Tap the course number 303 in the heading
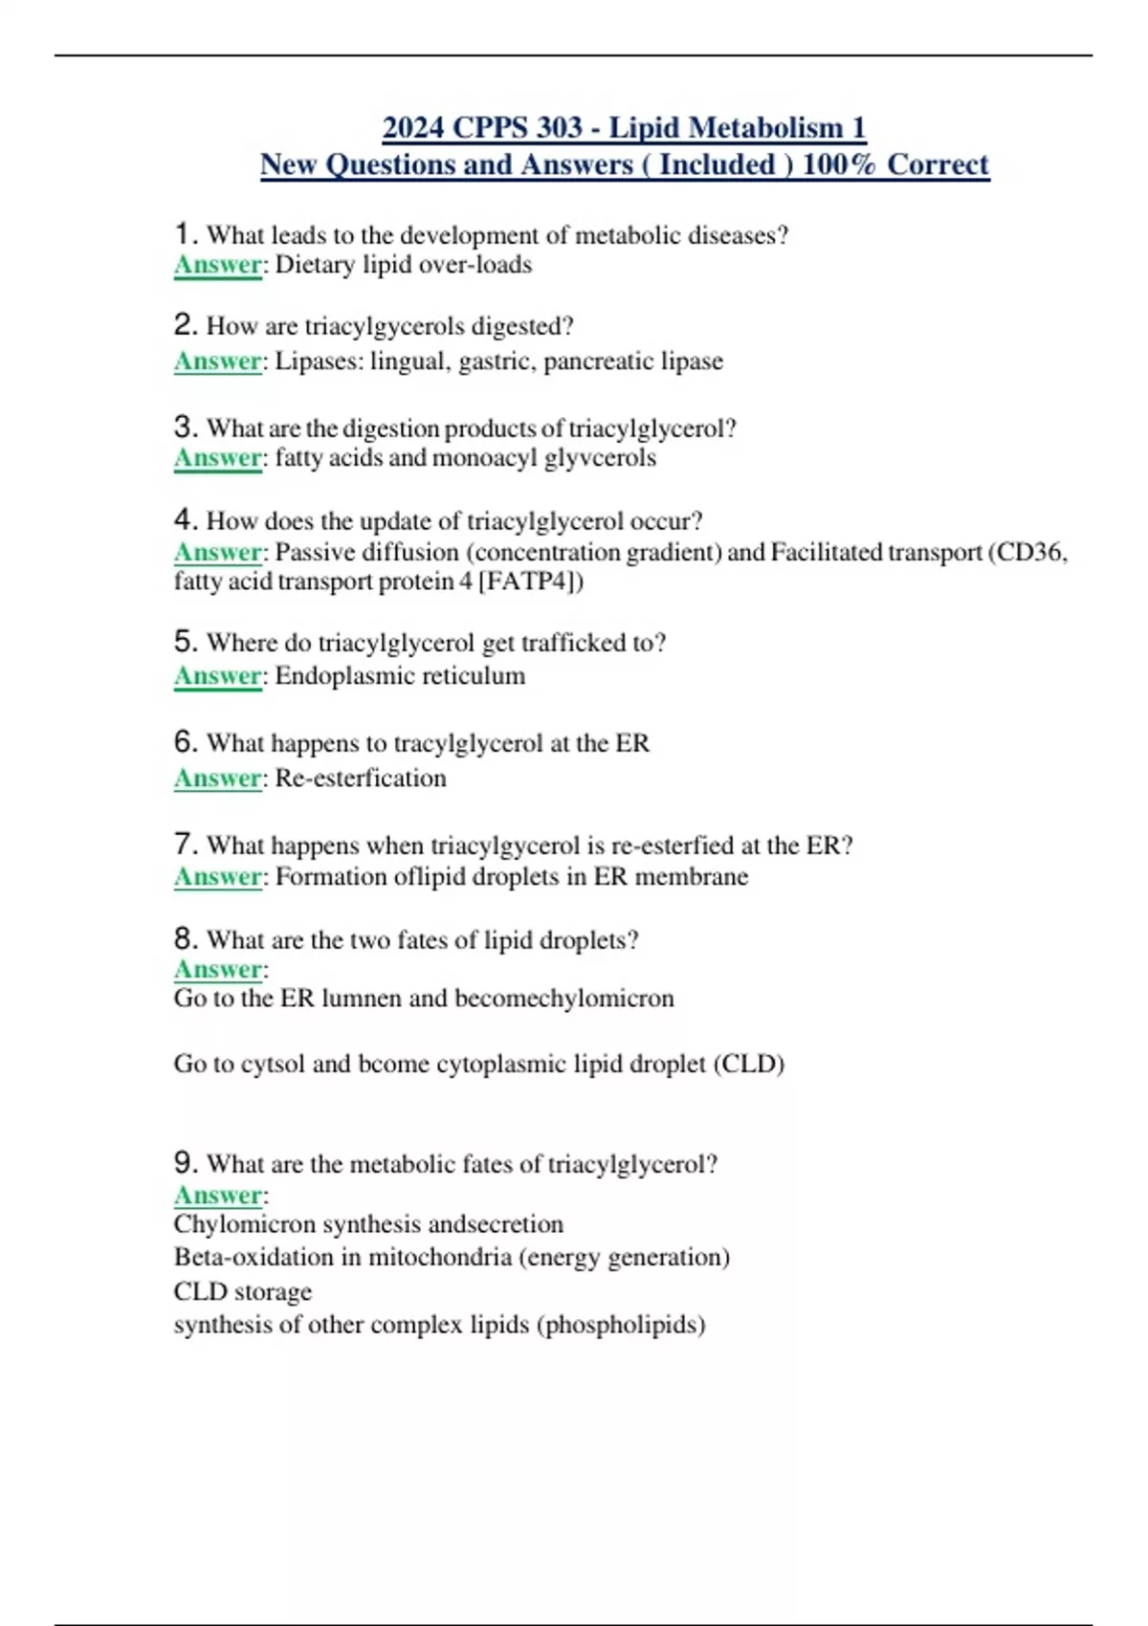559,127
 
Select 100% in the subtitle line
839,165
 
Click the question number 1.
185,233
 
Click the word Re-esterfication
361,779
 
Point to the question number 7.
185,845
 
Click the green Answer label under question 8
218,970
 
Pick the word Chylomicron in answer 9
245,1224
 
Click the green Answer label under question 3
218,458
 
